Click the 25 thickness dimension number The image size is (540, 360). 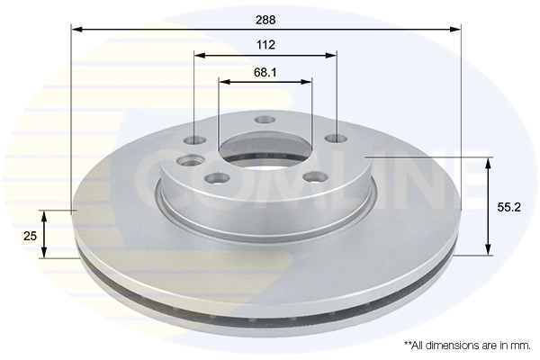(29, 235)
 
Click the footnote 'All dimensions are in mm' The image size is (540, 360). (466, 345)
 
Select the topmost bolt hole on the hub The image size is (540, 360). (265, 120)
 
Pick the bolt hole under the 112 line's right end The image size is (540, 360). (336, 139)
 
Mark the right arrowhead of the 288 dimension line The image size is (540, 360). (455, 29)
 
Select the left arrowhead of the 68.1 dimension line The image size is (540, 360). (224, 82)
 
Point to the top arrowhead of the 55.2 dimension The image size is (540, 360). (489, 163)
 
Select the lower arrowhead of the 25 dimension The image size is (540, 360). (43, 253)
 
